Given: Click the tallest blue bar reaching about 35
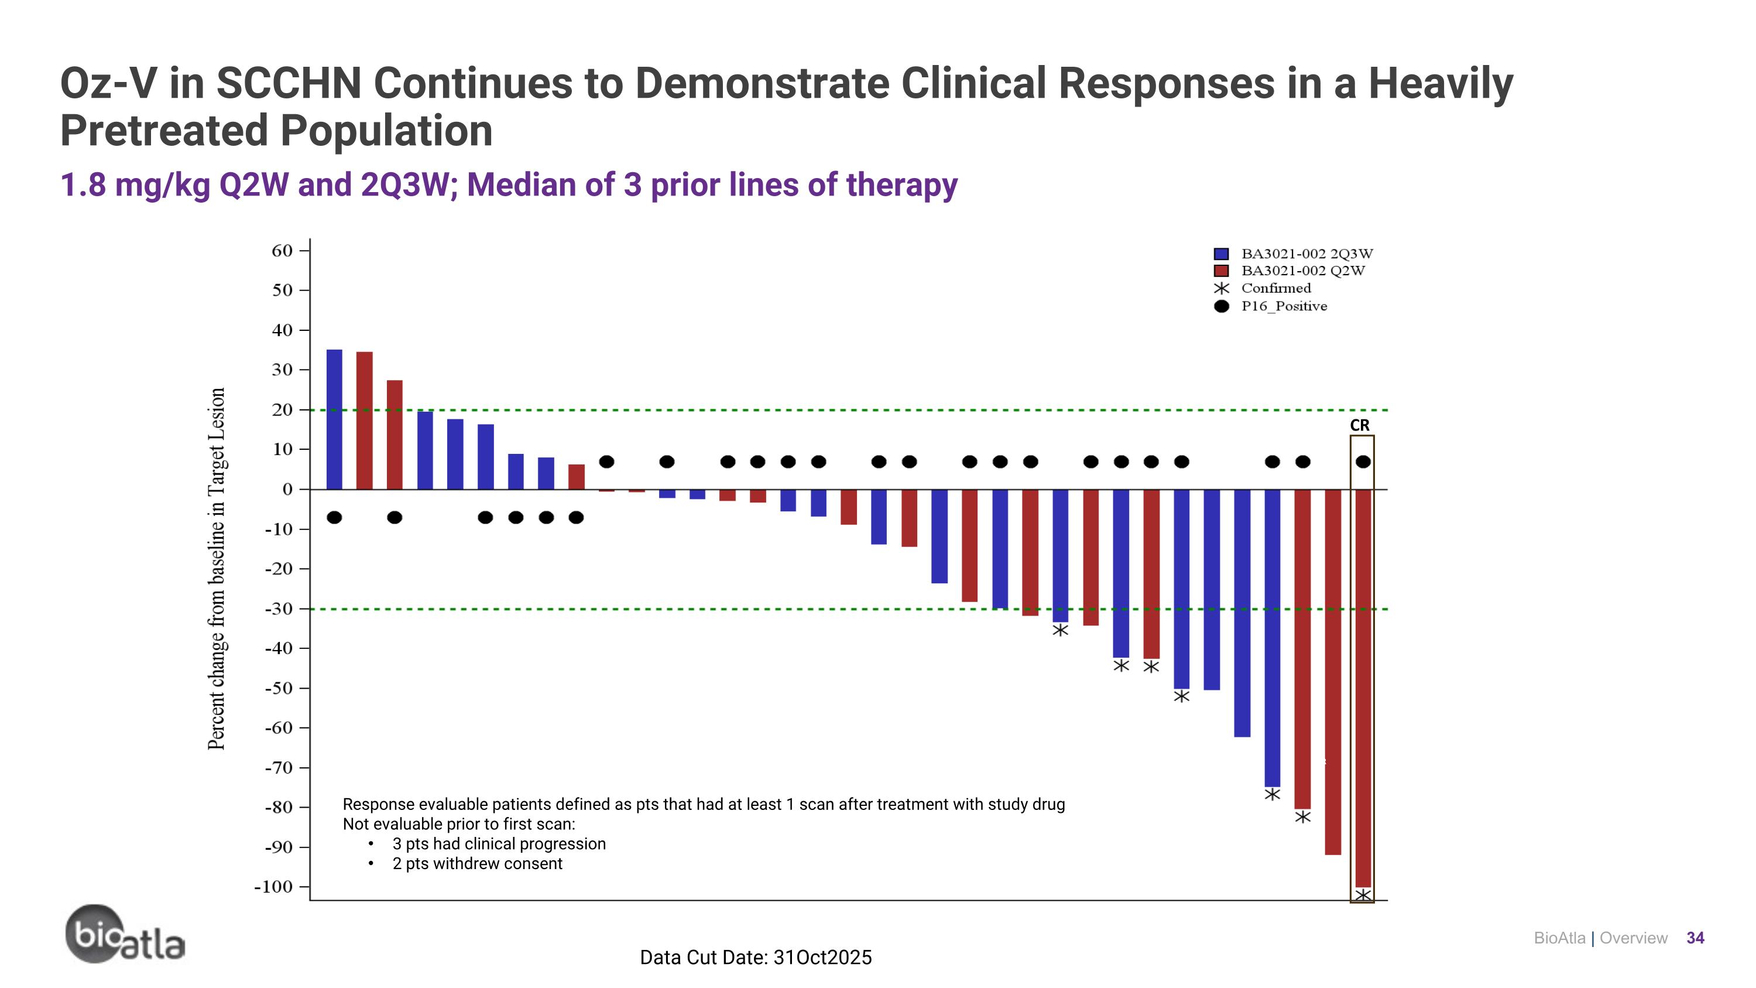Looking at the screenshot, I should [x=334, y=419].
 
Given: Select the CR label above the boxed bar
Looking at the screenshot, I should [x=1359, y=425].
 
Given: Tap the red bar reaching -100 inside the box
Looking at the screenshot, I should [x=1363, y=689].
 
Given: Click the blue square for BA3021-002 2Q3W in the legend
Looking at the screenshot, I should [x=1221, y=254].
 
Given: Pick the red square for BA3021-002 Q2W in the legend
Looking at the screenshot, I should [x=1221, y=271].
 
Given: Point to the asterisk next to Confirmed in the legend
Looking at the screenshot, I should [x=1222, y=288].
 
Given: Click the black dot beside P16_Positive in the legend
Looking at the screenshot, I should [x=1222, y=306].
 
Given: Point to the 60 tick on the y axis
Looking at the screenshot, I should [x=282, y=251].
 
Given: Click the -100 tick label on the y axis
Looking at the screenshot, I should [x=273, y=887].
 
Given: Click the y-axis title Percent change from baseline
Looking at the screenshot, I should [x=216, y=569].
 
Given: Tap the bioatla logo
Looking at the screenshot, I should [x=125, y=935].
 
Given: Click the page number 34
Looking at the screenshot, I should [x=1695, y=938].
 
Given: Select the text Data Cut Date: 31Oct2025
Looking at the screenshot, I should [x=755, y=958].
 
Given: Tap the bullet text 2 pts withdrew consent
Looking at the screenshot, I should [x=476, y=864].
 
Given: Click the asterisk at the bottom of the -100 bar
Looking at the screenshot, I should [x=1363, y=895].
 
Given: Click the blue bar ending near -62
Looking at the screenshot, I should [x=1242, y=613].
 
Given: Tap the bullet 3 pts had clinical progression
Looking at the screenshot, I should [x=498, y=844].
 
